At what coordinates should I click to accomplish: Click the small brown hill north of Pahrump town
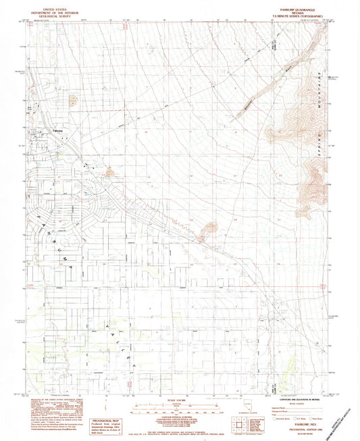tap(72, 100)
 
